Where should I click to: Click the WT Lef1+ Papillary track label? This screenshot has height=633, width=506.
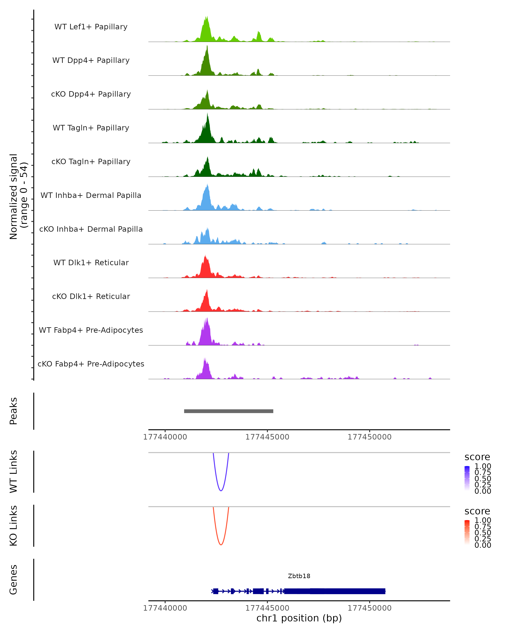coord(91,27)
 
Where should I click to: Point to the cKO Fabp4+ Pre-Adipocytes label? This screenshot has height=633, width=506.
coord(91,364)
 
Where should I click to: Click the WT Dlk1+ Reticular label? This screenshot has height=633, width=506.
coord(91,262)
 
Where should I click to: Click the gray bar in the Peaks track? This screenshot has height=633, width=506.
coord(229,411)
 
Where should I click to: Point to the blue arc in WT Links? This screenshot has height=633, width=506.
coord(221,490)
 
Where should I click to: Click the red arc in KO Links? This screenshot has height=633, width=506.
coord(221,544)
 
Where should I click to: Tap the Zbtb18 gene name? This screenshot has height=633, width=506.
coord(299,576)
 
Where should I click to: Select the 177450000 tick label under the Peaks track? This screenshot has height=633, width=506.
coord(369,437)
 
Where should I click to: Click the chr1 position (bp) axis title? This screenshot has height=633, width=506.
coord(299,618)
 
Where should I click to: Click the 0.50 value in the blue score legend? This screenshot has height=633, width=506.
coord(483,478)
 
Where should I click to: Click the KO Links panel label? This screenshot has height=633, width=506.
coord(13,526)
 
